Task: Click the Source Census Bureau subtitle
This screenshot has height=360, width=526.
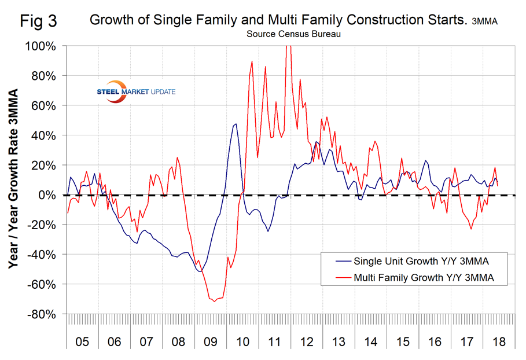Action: [293, 34]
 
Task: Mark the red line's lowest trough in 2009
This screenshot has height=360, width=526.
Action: [214, 301]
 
